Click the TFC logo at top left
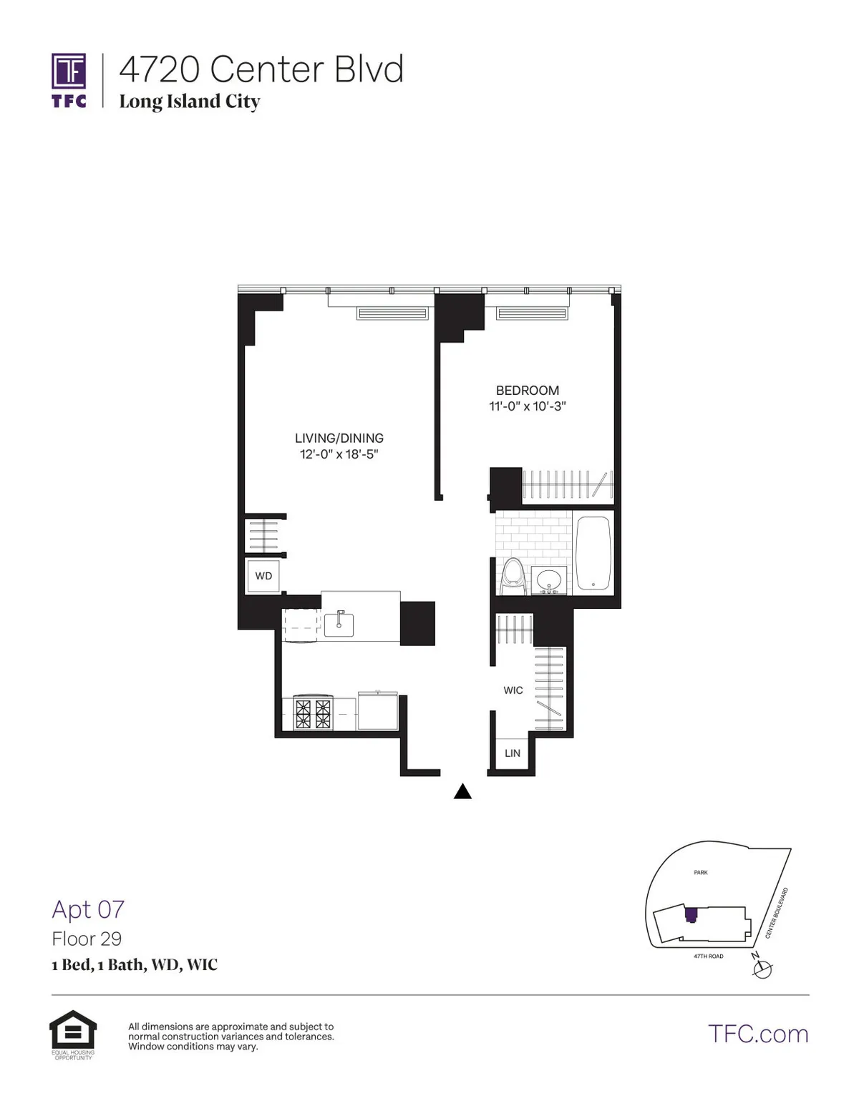click(69, 80)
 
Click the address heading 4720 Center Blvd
click(261, 69)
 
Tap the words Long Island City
click(189, 102)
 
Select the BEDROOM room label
click(528, 391)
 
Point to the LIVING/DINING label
click(339, 438)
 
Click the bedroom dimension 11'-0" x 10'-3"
click(528, 406)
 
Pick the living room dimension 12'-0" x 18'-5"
click(339, 454)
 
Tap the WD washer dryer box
click(263, 576)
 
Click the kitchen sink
click(339, 625)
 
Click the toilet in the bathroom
click(513, 576)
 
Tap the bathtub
click(593, 553)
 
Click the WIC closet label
click(513, 690)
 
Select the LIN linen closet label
click(513, 753)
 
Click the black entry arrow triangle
click(463, 791)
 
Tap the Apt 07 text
click(88, 909)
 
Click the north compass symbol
click(763, 969)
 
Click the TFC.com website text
click(758, 1034)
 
